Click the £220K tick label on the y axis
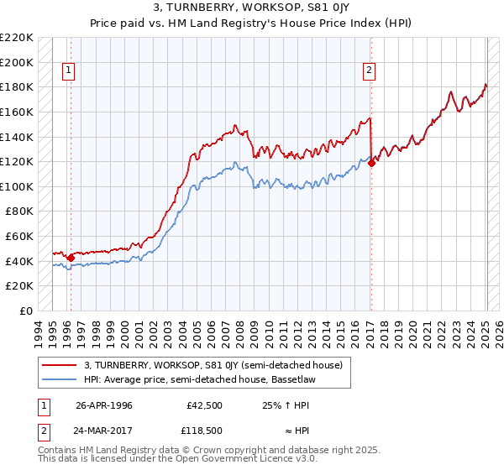coord(17,38)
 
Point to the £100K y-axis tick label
coord(17,186)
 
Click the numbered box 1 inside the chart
coord(68,71)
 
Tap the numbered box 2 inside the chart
coord(369,71)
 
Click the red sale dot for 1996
coord(71,258)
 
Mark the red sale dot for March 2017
coord(372,164)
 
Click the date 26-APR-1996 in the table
coord(104,405)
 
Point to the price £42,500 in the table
coord(204,405)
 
